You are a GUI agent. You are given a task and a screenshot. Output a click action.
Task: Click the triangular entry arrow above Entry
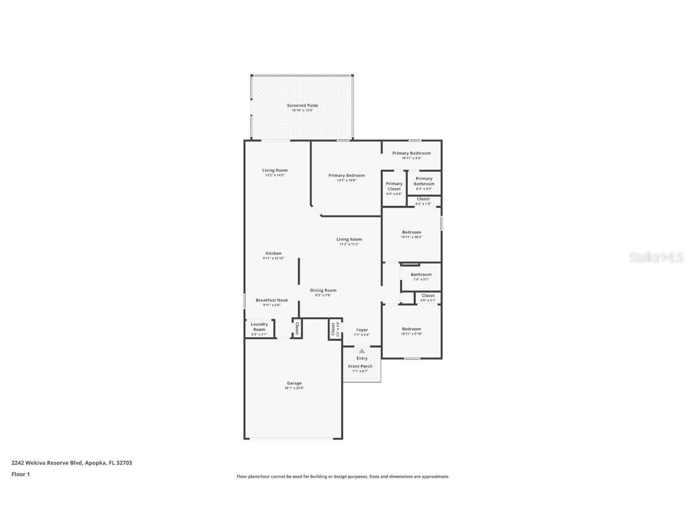(x=362, y=351)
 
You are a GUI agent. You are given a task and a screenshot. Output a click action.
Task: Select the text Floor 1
(x=20, y=474)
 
